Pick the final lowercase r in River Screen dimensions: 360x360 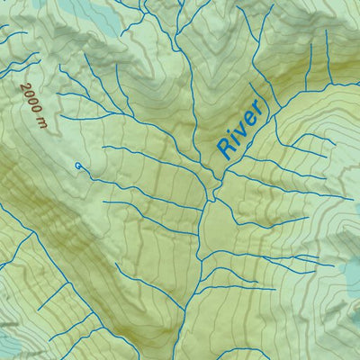point(257,110)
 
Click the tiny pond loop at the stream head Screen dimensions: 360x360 point(79,165)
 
